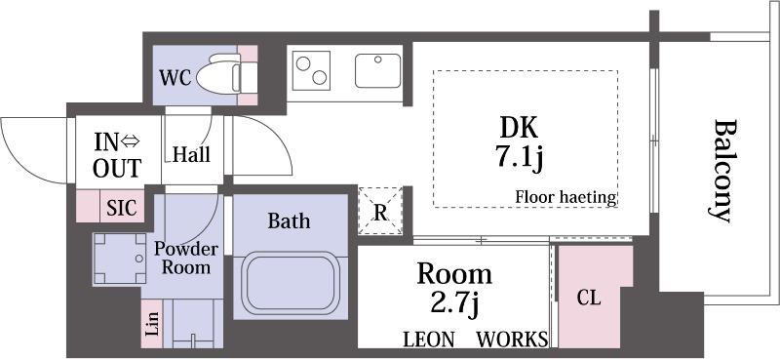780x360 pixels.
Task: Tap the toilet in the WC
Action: [222, 76]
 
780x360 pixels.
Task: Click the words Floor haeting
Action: [566, 198]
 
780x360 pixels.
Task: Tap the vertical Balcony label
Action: [724, 171]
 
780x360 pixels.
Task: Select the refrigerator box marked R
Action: [381, 210]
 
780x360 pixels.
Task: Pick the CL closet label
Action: [588, 299]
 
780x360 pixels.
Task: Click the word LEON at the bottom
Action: [429, 340]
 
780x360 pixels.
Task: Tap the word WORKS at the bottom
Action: [512, 340]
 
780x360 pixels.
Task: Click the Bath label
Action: [289, 220]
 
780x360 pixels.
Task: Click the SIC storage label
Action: [122, 207]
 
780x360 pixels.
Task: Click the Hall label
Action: [191, 154]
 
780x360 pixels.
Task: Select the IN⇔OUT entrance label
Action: [117, 154]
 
